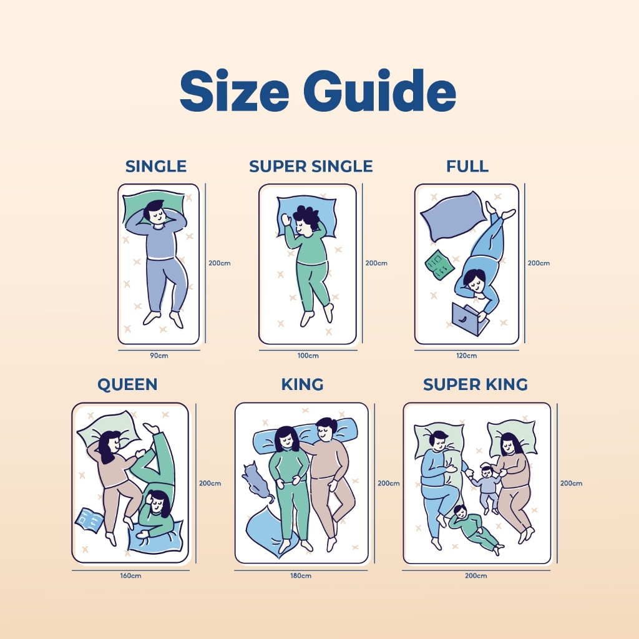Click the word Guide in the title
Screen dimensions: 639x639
point(379,90)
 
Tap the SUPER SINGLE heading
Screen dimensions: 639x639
point(311,166)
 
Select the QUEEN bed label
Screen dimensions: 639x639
point(127,384)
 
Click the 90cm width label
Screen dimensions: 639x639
point(159,356)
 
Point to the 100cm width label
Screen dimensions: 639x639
point(308,356)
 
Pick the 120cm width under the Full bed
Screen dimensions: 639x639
point(467,356)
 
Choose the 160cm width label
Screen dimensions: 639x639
point(131,576)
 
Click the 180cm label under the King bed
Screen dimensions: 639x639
point(301,576)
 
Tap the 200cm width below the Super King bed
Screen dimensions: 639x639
point(476,576)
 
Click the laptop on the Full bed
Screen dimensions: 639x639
point(468,318)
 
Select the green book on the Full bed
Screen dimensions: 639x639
point(439,265)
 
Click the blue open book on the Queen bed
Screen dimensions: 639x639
point(89,520)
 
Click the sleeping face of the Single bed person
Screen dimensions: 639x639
point(157,215)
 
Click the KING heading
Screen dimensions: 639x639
point(303,384)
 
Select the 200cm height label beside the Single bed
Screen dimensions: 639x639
point(220,263)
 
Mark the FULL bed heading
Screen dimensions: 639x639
point(467,166)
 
